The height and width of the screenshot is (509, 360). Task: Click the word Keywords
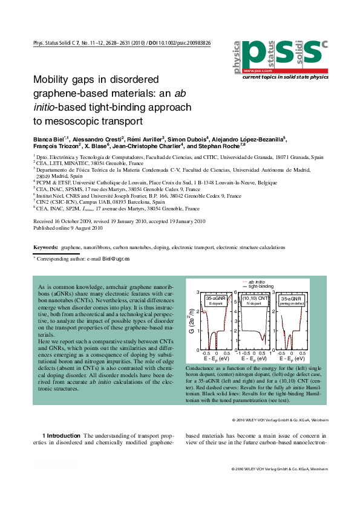click(45, 248)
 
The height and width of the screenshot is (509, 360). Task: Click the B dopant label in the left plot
click(216, 303)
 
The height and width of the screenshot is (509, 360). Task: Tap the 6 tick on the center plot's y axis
click(237, 293)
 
